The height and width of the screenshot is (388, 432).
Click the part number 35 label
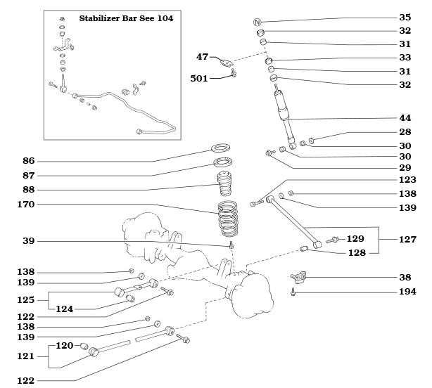(x=405, y=17)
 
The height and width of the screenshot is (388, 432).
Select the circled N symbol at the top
(x=258, y=23)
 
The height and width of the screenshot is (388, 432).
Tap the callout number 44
(x=405, y=118)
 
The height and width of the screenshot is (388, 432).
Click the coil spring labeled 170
(x=230, y=219)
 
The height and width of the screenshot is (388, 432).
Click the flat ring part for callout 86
(x=223, y=149)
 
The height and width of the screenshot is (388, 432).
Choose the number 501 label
(x=199, y=78)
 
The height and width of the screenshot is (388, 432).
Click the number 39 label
(x=29, y=241)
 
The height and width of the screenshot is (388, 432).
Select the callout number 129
(x=355, y=239)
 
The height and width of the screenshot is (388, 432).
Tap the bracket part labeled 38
(x=298, y=277)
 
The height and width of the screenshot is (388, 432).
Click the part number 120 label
(x=65, y=346)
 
